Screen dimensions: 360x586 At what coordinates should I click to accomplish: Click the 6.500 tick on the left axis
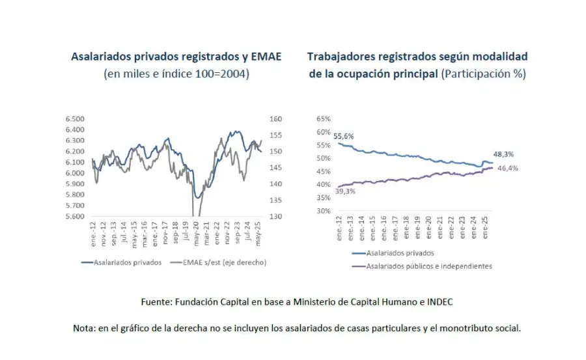76,119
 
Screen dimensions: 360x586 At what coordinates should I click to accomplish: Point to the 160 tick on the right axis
274,119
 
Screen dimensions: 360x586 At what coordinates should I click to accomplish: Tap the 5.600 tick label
76,216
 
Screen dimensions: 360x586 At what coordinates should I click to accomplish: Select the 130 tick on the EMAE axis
274,216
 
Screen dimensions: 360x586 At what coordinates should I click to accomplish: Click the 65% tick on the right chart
323,119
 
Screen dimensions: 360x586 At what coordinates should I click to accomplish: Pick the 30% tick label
323,211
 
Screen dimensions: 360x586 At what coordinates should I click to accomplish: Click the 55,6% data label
343,136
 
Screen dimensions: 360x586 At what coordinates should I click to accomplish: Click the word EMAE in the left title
267,57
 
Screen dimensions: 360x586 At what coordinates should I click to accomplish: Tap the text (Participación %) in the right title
483,74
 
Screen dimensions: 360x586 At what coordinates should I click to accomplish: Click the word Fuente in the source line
157,302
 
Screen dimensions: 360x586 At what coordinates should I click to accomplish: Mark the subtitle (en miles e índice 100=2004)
176,74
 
